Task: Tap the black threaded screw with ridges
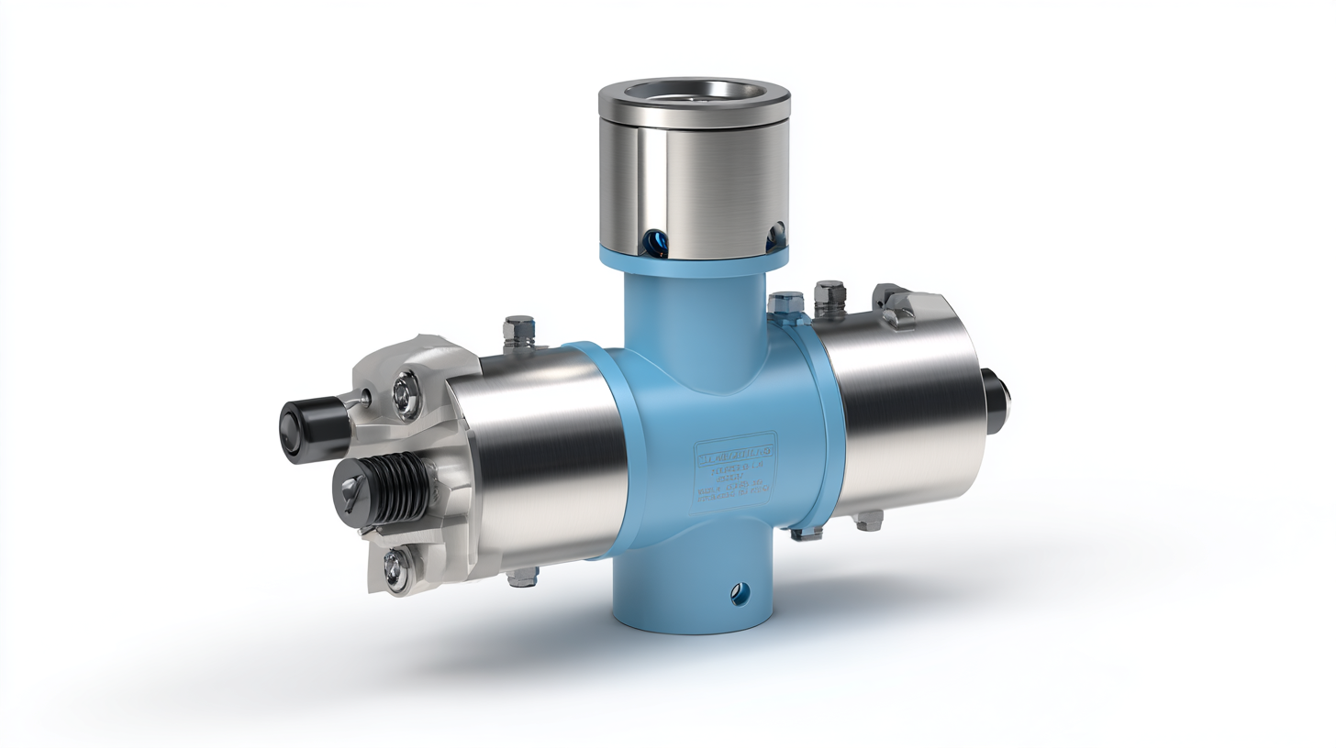coord(385,488)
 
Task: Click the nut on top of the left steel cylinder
coord(518,331)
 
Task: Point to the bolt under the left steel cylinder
coord(521,577)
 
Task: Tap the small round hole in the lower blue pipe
coord(740,595)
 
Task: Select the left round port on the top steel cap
coord(657,241)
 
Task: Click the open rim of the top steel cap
coord(695,92)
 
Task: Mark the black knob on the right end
coord(996,401)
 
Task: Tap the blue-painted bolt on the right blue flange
coord(787,304)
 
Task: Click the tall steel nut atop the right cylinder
coord(829,297)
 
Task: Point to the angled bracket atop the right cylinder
coord(894,304)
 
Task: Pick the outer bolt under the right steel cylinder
coord(866,521)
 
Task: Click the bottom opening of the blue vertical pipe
coord(695,626)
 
